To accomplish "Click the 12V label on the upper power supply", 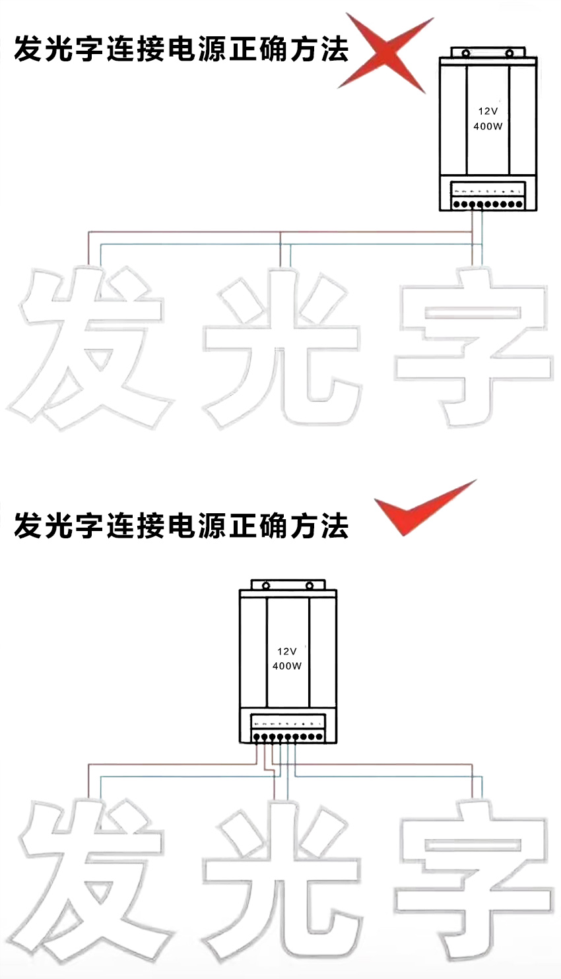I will click(x=488, y=111).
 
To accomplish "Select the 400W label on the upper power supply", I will click(x=488, y=126).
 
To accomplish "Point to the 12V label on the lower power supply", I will click(x=287, y=651).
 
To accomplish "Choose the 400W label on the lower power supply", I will click(x=287, y=666).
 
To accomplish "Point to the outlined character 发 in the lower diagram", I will click(x=89, y=884).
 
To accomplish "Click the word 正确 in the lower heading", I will click(x=259, y=526).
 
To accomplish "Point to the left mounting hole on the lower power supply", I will click(x=266, y=585).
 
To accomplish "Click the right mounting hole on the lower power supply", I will click(x=309, y=585).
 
